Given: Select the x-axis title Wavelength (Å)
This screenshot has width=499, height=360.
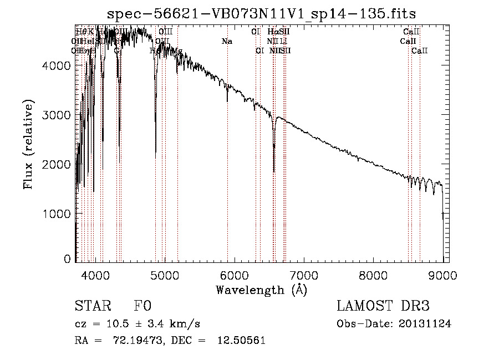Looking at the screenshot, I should pyautogui.click(x=261, y=290).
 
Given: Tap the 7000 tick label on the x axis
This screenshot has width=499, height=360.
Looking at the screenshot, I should pyautogui.click(x=304, y=275).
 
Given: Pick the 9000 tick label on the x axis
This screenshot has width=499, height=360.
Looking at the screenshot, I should pyautogui.click(x=442, y=275).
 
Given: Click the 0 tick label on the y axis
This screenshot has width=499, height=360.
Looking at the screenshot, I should pyautogui.click(x=67, y=259).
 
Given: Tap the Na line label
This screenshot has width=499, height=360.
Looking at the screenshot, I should pyautogui.click(x=227, y=42).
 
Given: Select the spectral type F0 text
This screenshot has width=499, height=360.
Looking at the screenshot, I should pyautogui.click(x=142, y=307).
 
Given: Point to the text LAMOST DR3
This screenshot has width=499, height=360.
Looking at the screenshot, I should pyautogui.click(x=383, y=307).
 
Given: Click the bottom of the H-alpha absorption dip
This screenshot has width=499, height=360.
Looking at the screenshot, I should pyautogui.click(x=274, y=171).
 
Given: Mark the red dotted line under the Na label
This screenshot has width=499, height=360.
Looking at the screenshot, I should pyautogui.click(x=227, y=166).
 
